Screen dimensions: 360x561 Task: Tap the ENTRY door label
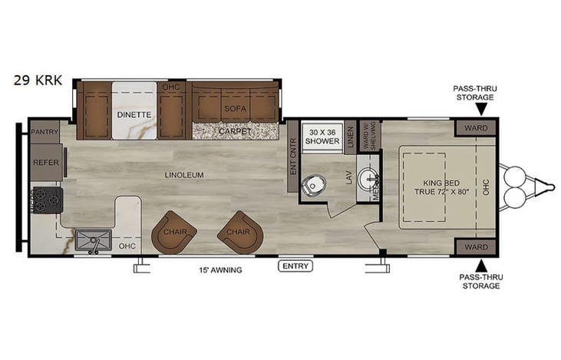tap(295, 266)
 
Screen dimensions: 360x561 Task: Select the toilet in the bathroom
tap(313, 185)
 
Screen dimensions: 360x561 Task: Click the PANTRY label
tap(45, 132)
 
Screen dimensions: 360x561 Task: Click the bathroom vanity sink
tap(370, 180)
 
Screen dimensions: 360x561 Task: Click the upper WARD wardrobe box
tap(476, 127)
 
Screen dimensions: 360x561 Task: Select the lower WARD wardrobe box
tap(476, 247)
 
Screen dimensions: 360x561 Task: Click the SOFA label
tap(235, 108)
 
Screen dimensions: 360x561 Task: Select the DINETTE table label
tap(134, 114)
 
